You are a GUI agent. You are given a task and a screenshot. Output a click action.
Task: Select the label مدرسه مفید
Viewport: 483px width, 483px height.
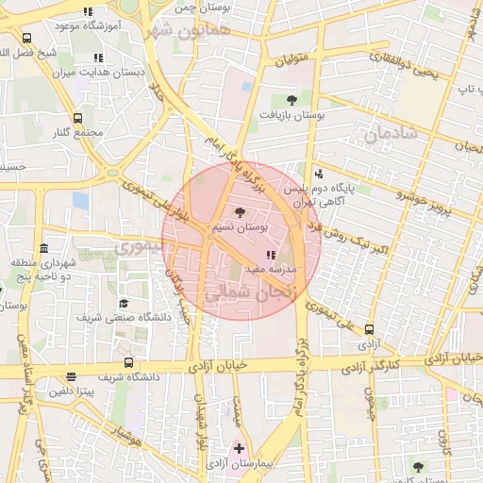click(271, 269)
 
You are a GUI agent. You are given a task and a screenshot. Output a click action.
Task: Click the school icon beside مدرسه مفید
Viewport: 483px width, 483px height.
click(271, 256)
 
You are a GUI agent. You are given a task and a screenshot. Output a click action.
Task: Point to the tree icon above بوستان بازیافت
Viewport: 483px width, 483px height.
click(291, 100)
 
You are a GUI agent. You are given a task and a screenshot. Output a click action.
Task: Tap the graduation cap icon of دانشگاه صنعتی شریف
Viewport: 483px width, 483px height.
click(124, 304)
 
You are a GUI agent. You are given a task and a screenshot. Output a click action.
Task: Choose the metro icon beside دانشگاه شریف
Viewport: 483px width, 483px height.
click(128, 362)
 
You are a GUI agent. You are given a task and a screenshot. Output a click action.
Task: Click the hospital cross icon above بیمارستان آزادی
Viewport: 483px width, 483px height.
click(240, 447)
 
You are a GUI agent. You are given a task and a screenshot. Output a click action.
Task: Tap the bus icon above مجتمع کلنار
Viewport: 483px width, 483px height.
click(77, 119)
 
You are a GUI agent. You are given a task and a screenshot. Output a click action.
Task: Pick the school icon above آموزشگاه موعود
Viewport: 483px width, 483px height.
click(88, 12)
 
